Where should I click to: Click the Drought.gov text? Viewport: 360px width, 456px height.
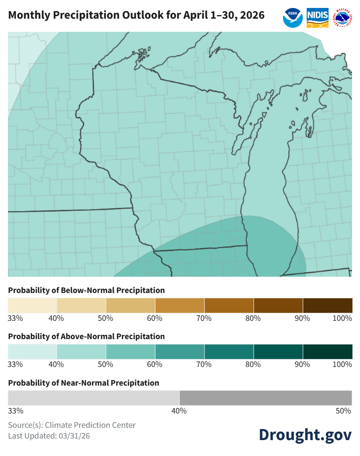click(305, 434)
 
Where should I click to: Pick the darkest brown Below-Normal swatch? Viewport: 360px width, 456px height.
click(327, 305)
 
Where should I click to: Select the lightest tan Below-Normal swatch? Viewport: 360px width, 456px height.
click(32, 305)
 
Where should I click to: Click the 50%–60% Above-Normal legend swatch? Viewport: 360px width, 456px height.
click(130, 352)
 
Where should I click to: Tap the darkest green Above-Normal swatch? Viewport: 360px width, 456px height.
click(327, 352)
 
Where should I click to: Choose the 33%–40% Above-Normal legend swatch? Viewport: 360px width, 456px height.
click(32, 352)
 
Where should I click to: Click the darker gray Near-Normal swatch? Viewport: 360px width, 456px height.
click(266, 398)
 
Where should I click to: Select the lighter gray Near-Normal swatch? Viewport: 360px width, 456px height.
click(93, 398)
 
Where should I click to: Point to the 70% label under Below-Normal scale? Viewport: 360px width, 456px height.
click(204, 318)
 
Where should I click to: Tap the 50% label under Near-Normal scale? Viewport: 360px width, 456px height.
click(344, 411)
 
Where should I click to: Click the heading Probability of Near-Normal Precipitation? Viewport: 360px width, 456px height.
click(84, 383)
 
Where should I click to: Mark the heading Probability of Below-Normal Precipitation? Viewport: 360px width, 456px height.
click(86, 290)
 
